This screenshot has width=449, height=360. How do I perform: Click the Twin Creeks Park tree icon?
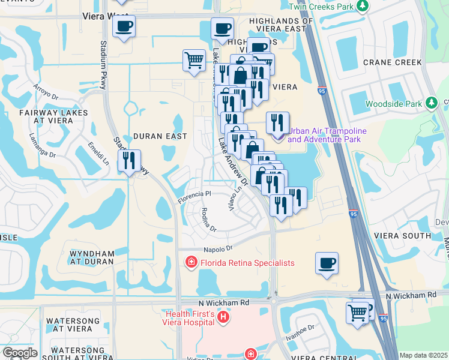[363, 6]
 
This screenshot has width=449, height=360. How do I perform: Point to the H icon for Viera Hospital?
[223, 317]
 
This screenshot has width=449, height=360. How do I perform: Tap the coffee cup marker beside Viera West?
[124, 26]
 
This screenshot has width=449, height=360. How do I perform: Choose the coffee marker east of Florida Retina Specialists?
[327, 263]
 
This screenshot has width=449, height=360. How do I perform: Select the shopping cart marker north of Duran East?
[194, 60]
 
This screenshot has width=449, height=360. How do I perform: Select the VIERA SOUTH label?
[402, 236]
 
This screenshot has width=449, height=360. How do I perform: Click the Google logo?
[20, 353]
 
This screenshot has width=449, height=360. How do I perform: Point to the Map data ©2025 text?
[423, 355]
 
